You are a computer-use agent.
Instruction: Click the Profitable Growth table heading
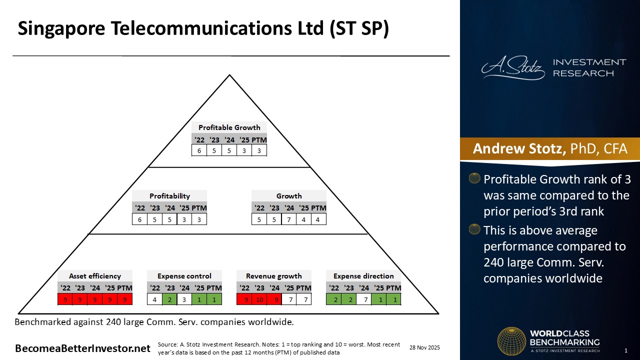(229, 127)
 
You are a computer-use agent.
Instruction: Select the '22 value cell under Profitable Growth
(199, 150)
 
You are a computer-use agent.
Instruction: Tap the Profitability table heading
(169, 196)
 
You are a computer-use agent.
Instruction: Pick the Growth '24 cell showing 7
(288, 219)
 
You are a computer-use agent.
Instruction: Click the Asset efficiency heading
(95, 276)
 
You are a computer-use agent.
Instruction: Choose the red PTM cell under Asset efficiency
(124, 299)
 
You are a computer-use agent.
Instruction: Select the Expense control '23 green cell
(169, 299)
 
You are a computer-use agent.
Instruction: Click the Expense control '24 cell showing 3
(184, 299)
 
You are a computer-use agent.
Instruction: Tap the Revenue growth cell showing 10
(259, 299)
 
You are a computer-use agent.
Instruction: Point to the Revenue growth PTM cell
(303, 299)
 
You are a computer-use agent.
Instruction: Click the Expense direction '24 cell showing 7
(363, 299)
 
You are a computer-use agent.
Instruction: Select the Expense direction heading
(363, 276)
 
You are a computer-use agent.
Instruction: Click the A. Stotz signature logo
(513, 68)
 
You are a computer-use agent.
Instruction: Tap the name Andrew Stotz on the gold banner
(519, 148)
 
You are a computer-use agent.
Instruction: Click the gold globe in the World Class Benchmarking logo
(511, 341)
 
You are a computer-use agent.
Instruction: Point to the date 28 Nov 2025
(424, 347)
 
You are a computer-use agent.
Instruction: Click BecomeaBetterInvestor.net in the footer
(82, 348)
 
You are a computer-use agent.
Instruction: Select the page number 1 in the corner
(625, 350)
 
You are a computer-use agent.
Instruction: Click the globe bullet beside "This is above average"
(474, 229)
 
